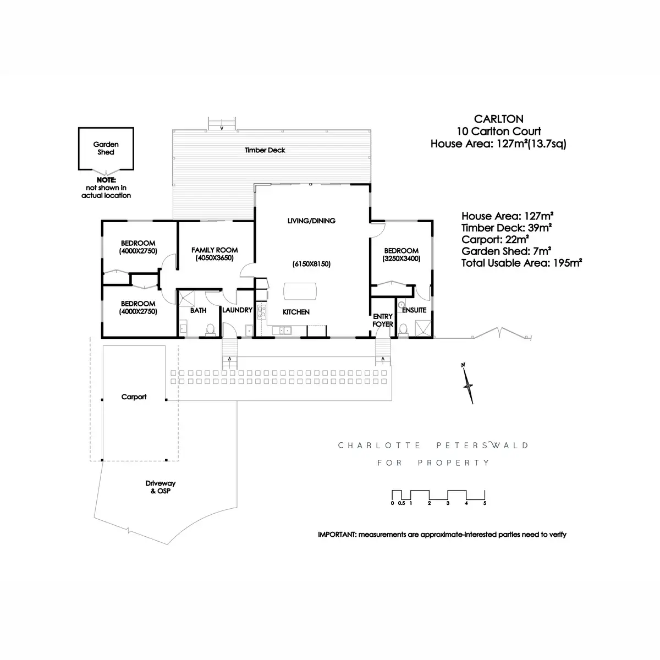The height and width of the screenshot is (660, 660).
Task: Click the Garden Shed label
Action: (x=106, y=148)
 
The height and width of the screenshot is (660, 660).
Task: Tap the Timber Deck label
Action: (x=265, y=150)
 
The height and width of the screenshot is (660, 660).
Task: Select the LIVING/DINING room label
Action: (x=311, y=221)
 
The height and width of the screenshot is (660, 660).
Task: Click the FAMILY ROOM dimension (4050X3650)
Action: (x=215, y=258)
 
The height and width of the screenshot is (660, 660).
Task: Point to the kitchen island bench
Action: (x=300, y=291)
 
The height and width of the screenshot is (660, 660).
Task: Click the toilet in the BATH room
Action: (x=210, y=329)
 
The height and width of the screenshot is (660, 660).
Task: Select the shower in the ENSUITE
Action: (x=422, y=328)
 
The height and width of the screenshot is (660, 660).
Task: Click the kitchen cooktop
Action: (x=262, y=312)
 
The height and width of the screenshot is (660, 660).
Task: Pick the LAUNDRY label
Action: (x=238, y=310)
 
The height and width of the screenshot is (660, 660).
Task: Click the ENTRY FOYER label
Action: (x=383, y=320)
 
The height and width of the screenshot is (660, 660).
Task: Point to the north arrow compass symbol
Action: (x=468, y=383)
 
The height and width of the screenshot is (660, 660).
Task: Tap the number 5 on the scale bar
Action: (x=485, y=503)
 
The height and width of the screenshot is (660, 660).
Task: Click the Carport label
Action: (x=134, y=397)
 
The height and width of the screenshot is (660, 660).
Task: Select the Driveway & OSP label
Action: (x=160, y=487)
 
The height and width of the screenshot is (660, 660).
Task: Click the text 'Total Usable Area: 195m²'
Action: (x=521, y=263)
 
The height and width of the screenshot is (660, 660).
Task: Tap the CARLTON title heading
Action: (x=499, y=119)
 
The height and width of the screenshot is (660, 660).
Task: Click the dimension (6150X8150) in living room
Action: (x=311, y=264)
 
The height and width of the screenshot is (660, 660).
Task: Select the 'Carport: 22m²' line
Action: (x=495, y=239)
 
